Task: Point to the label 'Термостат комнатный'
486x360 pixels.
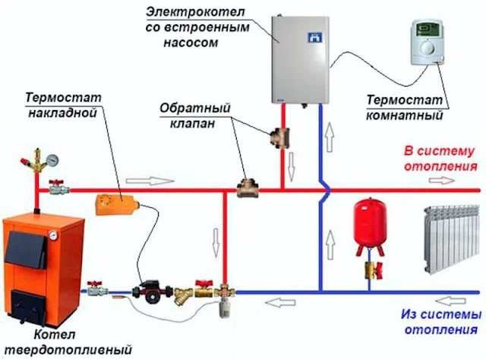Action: click(x=406, y=108)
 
